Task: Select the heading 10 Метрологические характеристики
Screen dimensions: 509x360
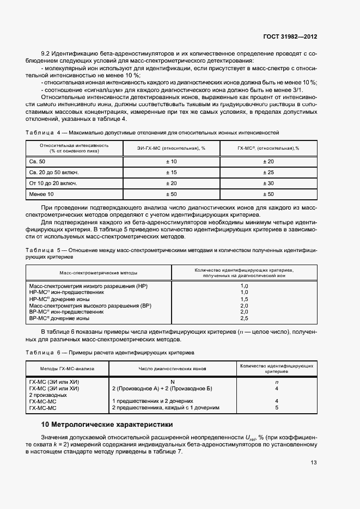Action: pyautogui.click(x=107, y=424)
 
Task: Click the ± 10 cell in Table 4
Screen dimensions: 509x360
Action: pyautogui.click(x=171, y=162)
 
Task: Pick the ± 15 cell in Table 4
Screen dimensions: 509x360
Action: pyautogui.click(x=171, y=172)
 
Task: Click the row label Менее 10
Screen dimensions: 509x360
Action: pyautogui.click(x=41, y=194)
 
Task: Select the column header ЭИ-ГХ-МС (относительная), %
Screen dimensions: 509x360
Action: pyautogui.click(x=171, y=148)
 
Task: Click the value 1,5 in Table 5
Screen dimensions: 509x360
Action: pyautogui.click(x=244, y=299)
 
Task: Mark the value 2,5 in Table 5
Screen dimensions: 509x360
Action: pyautogui.click(x=244, y=318)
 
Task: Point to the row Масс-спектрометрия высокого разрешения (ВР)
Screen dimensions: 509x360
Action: pyautogui.click(x=90, y=305)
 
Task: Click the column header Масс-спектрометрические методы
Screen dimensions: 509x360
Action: pyautogui.click(x=99, y=272)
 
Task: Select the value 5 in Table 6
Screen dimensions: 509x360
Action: pyautogui.click(x=277, y=407)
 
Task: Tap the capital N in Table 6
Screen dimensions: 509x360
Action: pyautogui.click(x=173, y=382)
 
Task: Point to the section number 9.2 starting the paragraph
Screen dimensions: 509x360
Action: pyautogui.click(x=46, y=54)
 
